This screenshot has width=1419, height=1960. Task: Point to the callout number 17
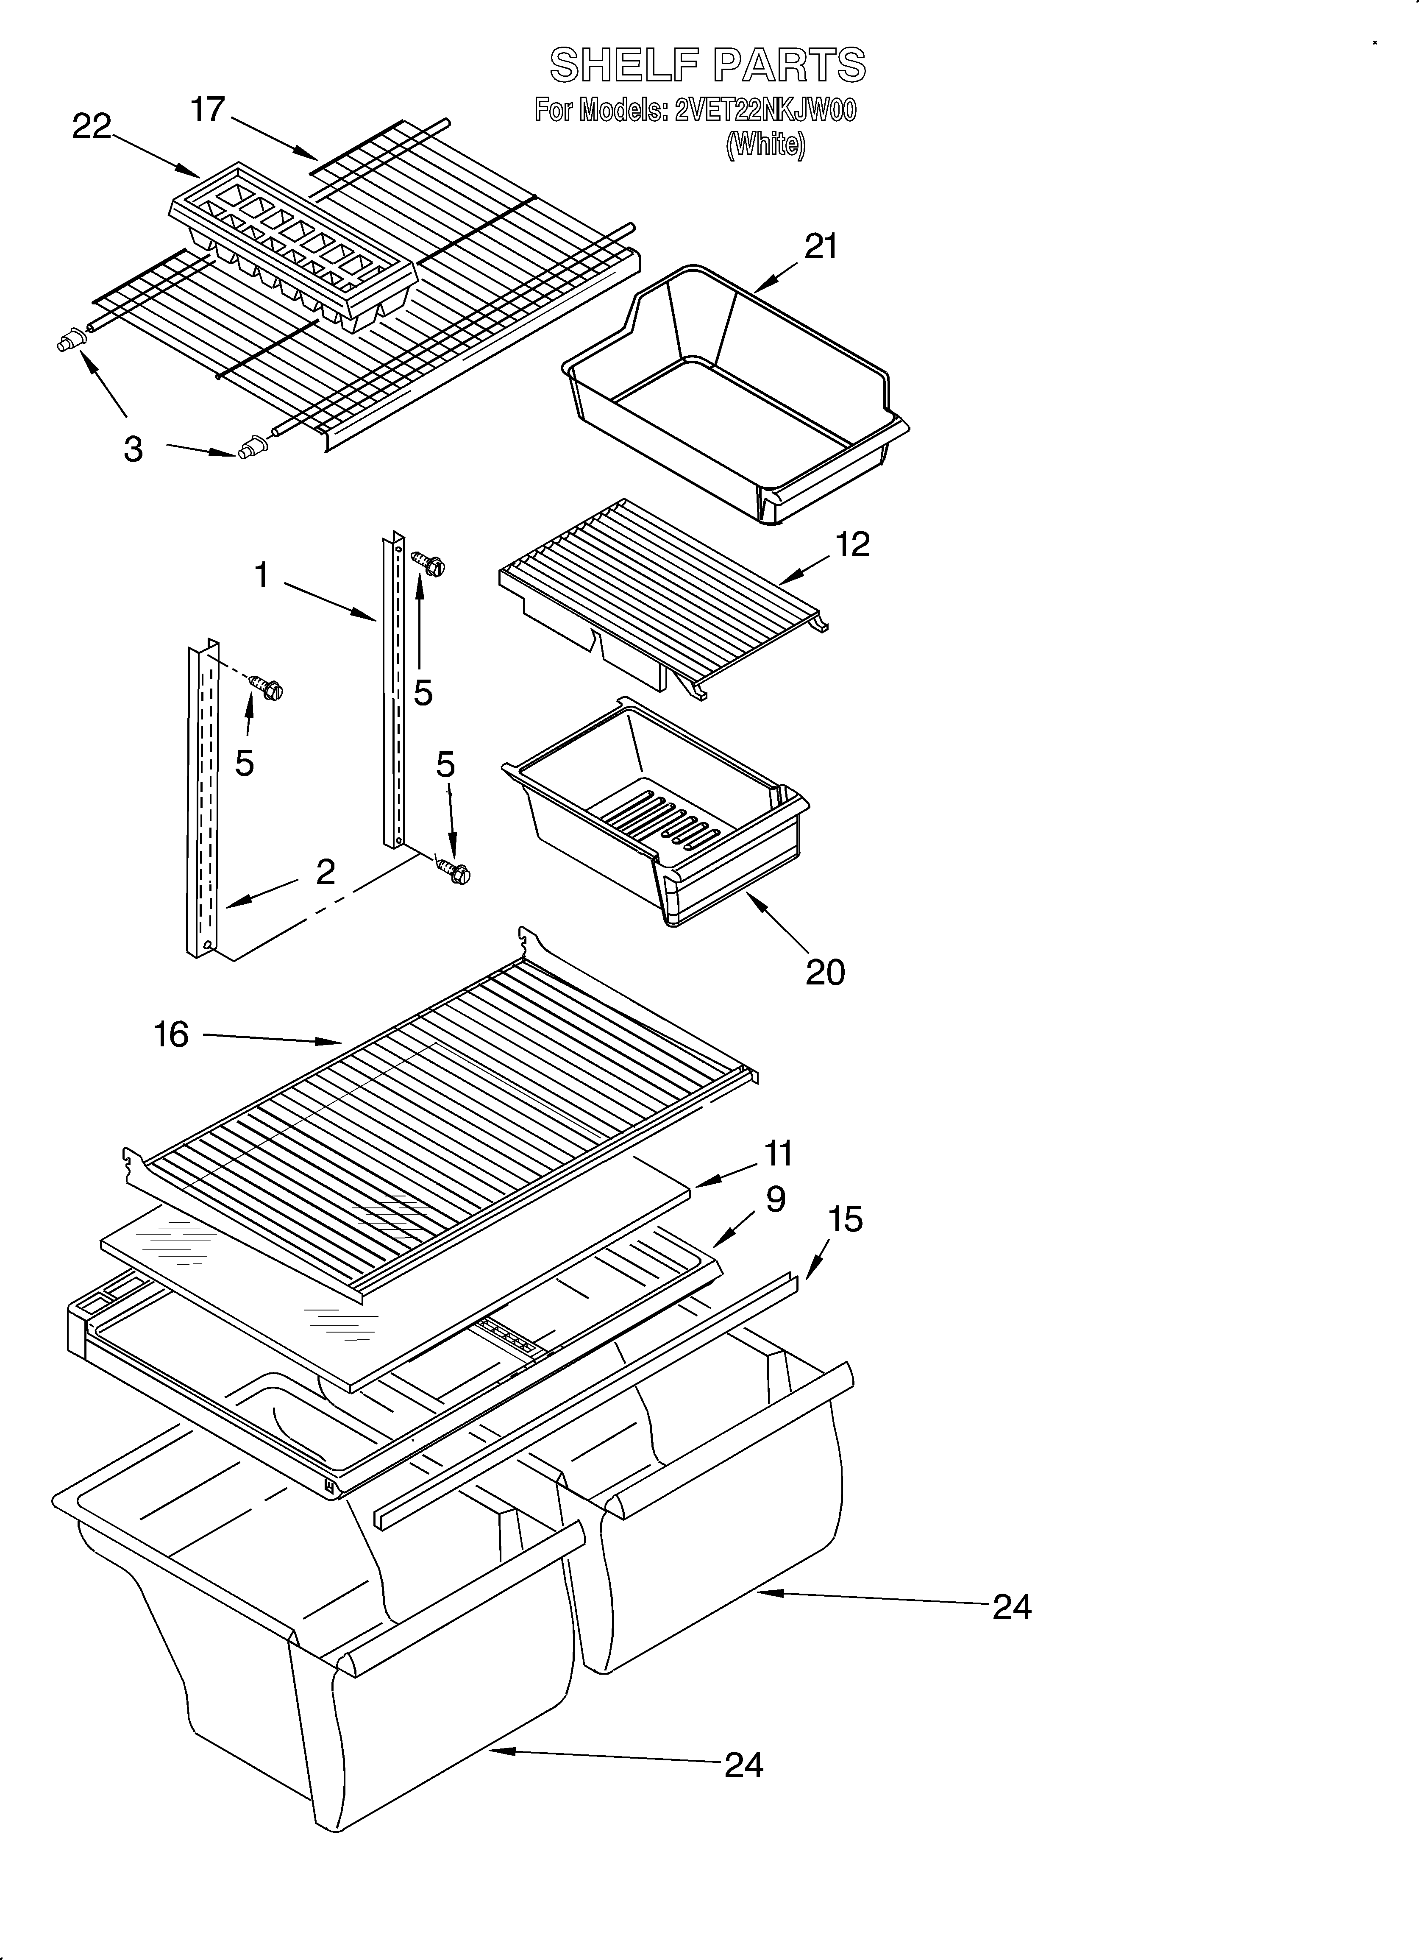(x=207, y=110)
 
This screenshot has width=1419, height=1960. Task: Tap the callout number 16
(x=171, y=1034)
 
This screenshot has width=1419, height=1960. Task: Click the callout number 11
(x=778, y=1154)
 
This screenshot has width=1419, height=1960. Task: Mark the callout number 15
(x=845, y=1219)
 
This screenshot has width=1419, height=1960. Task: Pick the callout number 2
(x=325, y=872)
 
